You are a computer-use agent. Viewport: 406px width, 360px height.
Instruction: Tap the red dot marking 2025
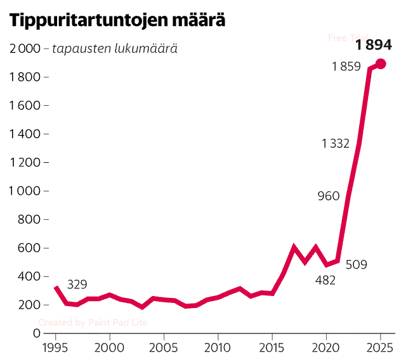[x=381, y=63]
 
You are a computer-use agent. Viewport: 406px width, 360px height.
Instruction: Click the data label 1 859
[x=346, y=67]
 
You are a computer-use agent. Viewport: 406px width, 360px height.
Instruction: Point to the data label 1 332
[x=336, y=144]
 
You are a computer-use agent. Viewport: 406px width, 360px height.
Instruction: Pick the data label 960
[x=329, y=196]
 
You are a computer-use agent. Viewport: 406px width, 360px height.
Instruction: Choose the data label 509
[x=357, y=264]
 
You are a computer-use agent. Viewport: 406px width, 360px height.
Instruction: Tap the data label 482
[x=325, y=280]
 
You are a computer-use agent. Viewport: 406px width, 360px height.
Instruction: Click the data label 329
[x=77, y=285]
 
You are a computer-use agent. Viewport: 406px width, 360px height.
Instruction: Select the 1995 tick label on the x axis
[x=56, y=348]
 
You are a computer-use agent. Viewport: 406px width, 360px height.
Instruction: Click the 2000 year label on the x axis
[x=110, y=348]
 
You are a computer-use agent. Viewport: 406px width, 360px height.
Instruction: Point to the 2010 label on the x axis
[x=218, y=348]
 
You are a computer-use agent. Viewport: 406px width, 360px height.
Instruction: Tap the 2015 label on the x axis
[x=272, y=348]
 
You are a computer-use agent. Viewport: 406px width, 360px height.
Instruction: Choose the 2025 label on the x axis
[x=381, y=348]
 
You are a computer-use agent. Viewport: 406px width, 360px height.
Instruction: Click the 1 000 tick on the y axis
[x=23, y=191]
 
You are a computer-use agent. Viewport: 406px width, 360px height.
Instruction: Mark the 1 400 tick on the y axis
[x=23, y=134]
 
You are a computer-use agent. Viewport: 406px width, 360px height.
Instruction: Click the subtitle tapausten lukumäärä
[x=114, y=49]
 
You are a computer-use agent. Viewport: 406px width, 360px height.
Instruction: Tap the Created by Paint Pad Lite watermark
[x=93, y=323]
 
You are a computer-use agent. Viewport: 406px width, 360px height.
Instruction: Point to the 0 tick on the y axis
[x=36, y=333]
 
